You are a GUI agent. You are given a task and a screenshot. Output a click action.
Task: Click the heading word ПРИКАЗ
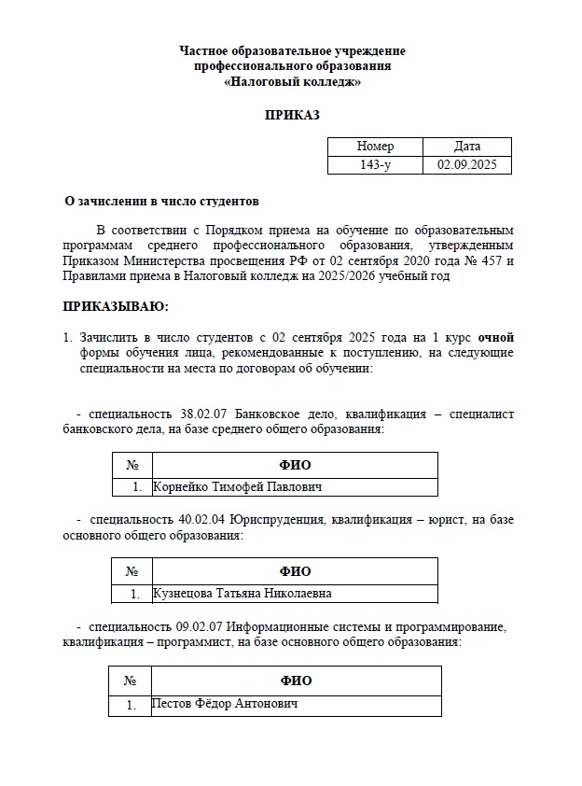[292, 115]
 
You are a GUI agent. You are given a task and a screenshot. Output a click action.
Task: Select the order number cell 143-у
[375, 164]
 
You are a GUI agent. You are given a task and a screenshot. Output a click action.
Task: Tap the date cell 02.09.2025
[466, 164]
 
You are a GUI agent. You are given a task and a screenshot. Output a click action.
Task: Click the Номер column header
[375, 147]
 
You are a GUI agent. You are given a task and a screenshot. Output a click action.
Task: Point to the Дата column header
[466, 147]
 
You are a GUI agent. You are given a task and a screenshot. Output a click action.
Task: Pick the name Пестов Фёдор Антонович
[225, 703]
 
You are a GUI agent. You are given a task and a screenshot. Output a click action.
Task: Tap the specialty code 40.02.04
[204, 520]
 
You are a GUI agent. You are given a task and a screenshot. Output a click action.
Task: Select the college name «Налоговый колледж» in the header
[292, 82]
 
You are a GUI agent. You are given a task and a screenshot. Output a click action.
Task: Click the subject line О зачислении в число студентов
[160, 201]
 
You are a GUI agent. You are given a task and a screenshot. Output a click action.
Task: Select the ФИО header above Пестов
[296, 681]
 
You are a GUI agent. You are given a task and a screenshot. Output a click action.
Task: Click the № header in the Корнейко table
[132, 465]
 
